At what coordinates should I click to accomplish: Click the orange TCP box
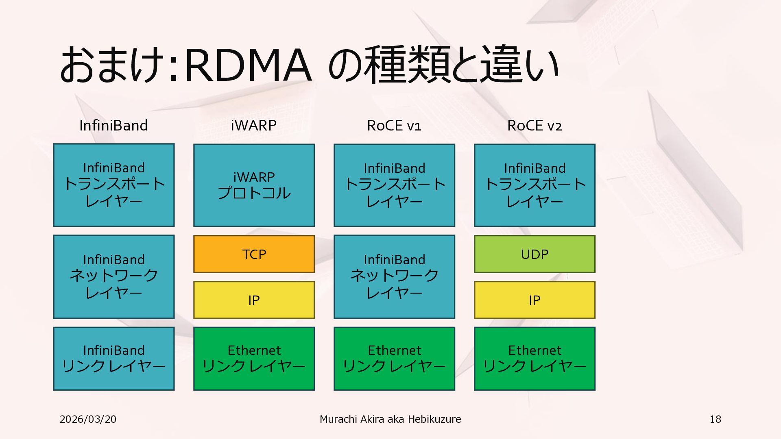click(254, 254)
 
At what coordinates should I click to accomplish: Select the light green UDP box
click(534, 254)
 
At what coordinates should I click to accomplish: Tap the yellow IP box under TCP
click(254, 300)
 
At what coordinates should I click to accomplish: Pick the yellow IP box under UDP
click(534, 300)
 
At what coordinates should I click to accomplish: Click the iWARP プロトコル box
click(254, 185)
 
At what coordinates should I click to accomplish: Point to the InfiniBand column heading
click(113, 126)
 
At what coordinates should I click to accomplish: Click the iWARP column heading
click(254, 126)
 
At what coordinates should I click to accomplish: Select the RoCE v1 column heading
click(394, 126)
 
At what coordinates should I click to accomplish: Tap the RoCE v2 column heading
click(534, 126)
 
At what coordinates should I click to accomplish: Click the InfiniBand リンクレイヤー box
click(113, 359)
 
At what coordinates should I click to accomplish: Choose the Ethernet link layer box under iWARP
click(254, 359)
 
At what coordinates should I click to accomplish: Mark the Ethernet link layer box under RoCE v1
click(394, 359)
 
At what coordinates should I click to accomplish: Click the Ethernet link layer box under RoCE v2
click(534, 359)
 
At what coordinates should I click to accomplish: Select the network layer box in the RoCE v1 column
click(394, 276)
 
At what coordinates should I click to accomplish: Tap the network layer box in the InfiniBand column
click(113, 276)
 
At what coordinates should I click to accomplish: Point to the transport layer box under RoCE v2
click(534, 185)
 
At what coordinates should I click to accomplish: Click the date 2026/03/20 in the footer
click(88, 419)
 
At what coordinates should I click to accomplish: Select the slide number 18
click(715, 419)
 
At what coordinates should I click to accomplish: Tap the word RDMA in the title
click(248, 65)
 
